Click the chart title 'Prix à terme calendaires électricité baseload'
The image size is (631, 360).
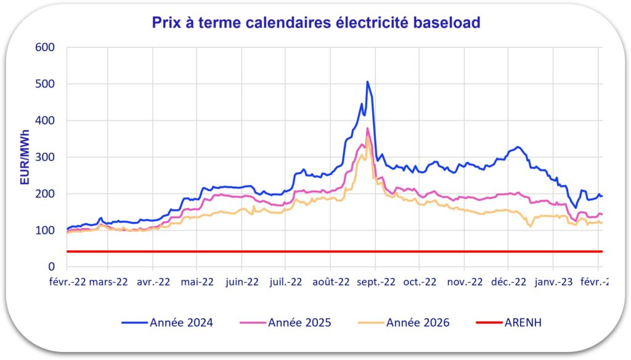point(316,23)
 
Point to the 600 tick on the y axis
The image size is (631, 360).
point(46,47)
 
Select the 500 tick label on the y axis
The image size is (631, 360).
point(46,84)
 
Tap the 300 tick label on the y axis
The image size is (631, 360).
point(46,157)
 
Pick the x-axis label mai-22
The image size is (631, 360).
point(197,282)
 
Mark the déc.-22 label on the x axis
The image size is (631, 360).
point(508,282)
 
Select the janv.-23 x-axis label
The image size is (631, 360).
point(553,282)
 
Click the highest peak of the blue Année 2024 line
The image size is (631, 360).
point(367,81)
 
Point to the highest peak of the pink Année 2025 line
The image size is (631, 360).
point(368,128)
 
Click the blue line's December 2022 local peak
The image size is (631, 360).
point(518,147)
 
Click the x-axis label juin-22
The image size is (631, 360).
point(242,282)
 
